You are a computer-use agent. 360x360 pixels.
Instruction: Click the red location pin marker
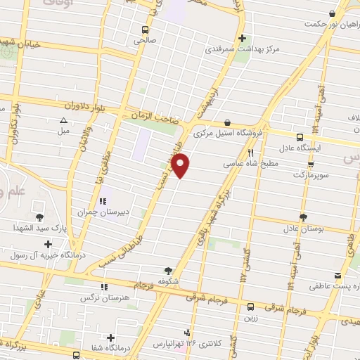(x=181, y=166)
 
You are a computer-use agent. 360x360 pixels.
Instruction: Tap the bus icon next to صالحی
(x=145, y=30)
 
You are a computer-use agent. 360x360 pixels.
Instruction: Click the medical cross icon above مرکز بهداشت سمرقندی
(x=242, y=39)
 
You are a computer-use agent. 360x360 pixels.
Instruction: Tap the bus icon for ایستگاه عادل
(x=300, y=137)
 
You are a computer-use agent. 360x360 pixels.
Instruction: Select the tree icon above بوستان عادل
(x=302, y=217)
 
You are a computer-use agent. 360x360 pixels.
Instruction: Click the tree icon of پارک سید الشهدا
(x=38, y=217)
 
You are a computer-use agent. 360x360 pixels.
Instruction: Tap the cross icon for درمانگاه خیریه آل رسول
(x=48, y=245)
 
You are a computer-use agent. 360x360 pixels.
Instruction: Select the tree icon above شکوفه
(x=167, y=270)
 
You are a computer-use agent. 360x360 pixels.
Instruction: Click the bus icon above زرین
(x=251, y=307)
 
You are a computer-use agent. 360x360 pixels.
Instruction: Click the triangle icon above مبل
(x=63, y=120)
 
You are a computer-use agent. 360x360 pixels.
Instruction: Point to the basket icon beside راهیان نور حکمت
(x=330, y=13)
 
